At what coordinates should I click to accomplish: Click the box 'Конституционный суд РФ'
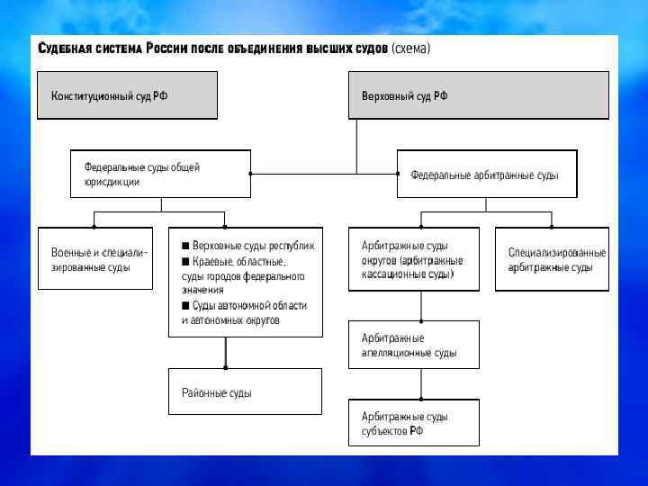127,95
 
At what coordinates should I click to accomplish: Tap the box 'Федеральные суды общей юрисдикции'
161,174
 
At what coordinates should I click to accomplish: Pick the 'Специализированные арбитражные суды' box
551,259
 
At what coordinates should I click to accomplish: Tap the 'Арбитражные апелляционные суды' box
414,345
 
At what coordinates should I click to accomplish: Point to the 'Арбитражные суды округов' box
414,259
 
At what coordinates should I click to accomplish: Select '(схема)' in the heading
410,48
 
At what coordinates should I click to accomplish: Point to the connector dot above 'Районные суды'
225,367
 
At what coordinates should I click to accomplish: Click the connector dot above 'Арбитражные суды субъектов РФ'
420,399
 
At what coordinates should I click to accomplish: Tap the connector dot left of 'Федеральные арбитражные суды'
397,174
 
